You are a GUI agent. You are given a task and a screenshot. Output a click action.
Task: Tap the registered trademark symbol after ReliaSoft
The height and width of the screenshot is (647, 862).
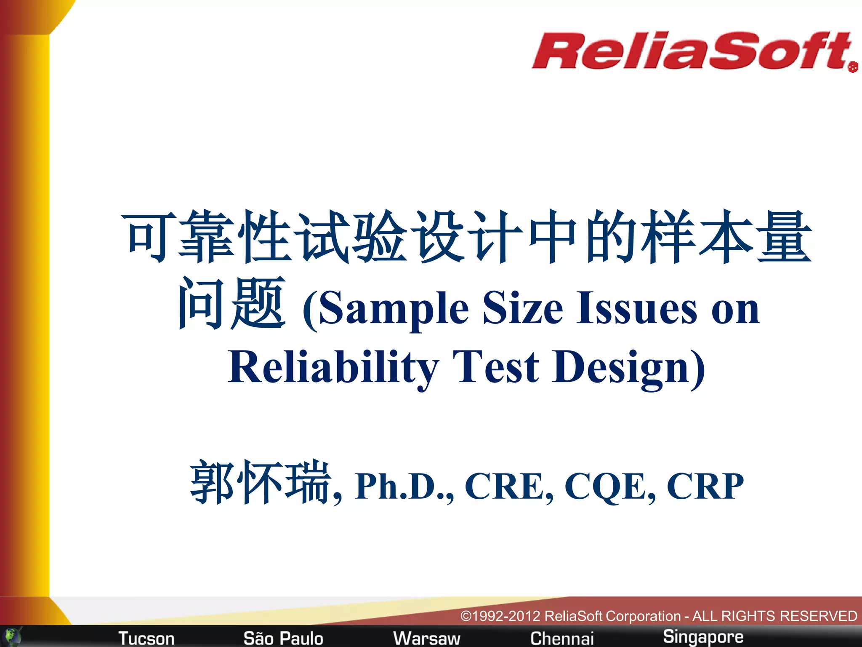(x=853, y=67)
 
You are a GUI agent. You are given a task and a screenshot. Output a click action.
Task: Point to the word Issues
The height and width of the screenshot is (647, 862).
(x=636, y=308)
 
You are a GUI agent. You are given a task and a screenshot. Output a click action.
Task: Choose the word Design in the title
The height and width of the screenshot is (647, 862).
(x=623, y=367)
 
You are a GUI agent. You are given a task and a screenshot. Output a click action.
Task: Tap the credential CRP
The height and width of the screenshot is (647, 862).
(x=705, y=486)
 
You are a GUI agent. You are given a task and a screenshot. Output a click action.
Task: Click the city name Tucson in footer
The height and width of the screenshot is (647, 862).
(x=146, y=638)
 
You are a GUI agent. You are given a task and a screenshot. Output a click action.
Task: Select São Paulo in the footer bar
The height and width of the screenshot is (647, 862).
(x=283, y=638)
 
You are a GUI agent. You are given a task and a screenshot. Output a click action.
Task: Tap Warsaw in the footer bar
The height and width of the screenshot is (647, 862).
(x=426, y=638)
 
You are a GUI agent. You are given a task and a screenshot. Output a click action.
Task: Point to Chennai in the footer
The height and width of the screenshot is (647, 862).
(x=562, y=638)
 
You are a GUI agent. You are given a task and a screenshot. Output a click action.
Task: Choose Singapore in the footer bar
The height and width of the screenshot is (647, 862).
(x=703, y=636)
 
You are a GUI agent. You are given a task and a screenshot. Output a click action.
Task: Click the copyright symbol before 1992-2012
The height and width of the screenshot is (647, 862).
(x=466, y=616)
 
